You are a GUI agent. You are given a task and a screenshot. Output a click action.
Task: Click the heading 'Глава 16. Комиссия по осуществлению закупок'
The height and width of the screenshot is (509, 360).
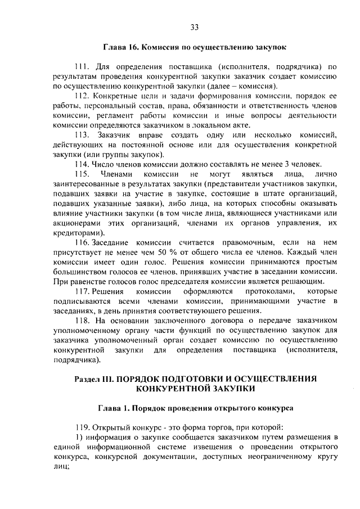[x=194, y=49]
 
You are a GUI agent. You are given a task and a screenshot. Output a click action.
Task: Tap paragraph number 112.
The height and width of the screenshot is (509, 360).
[x=83, y=97]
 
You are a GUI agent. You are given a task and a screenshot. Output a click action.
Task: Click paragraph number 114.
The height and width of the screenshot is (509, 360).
[x=83, y=164]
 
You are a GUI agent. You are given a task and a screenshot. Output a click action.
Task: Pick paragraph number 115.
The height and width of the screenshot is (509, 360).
[x=83, y=174]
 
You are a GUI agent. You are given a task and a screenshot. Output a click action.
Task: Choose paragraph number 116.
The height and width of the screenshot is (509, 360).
[x=83, y=241]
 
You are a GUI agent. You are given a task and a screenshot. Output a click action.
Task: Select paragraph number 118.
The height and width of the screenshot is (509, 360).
[x=83, y=321]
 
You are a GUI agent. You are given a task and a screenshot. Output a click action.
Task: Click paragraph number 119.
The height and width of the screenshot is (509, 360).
[x=83, y=425]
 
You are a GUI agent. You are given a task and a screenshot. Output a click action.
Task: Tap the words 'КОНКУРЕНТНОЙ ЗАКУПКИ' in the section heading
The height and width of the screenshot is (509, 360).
[x=195, y=388]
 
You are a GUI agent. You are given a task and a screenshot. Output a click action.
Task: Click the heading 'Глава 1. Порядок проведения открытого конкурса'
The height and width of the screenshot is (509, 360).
[x=194, y=408]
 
